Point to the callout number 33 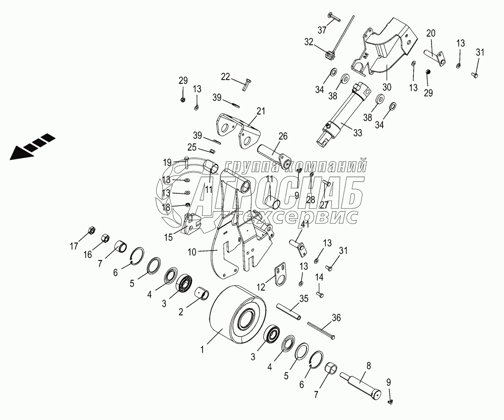(357, 133)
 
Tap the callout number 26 (283, 136)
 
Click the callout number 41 (305, 224)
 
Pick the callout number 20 (431, 33)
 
